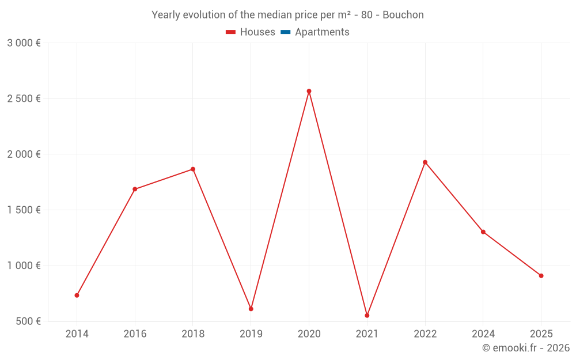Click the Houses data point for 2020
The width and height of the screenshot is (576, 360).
[309, 91]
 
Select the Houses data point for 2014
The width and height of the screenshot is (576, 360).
[77, 295]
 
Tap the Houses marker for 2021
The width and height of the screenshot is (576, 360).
[367, 316]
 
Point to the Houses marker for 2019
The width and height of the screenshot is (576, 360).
[251, 309]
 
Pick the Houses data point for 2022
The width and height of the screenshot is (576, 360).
[425, 162]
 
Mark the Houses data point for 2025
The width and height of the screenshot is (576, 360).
[541, 276]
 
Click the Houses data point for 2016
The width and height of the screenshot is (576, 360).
[135, 189]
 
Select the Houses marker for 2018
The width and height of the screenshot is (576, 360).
[193, 169]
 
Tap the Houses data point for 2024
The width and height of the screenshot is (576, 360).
[483, 232]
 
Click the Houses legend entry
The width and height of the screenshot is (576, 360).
[251, 32]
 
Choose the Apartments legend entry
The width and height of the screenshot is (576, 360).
[315, 32]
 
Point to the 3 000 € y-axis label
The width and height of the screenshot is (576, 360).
[24, 43]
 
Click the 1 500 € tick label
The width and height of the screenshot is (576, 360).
[24, 210]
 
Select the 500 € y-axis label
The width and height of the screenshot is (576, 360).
[28, 321]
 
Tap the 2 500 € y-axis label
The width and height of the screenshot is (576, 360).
[24, 98]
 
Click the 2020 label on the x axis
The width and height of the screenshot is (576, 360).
[309, 334]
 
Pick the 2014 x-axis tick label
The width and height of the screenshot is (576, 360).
[77, 334]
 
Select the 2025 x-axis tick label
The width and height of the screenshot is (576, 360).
[541, 334]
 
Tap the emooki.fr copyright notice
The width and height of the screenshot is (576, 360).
[526, 348]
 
